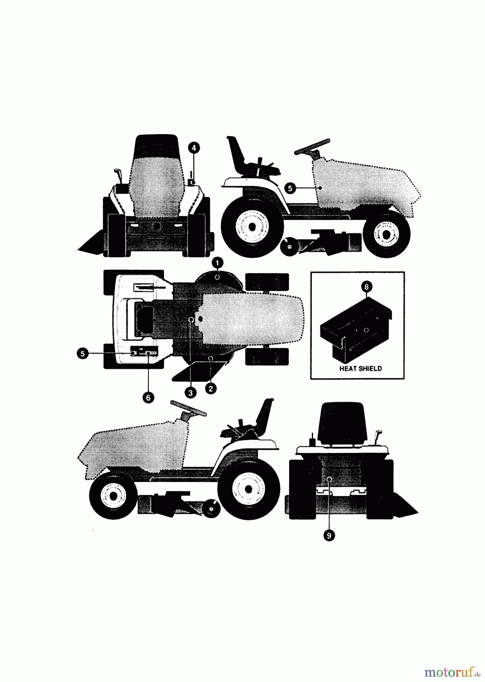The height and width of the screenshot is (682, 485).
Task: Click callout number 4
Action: click(x=194, y=148)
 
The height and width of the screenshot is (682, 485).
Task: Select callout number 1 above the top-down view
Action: click(x=217, y=262)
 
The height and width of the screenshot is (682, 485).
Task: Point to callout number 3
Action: click(x=190, y=393)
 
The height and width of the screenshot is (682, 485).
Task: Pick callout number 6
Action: click(x=148, y=397)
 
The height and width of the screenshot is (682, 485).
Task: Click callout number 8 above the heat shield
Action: click(x=366, y=287)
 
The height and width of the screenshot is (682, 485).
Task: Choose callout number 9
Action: click(x=329, y=535)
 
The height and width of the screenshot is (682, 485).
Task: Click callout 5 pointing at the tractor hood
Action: click(x=290, y=188)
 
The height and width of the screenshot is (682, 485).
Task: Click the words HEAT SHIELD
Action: click(x=360, y=368)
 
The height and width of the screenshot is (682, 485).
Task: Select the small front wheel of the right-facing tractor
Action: click(x=386, y=234)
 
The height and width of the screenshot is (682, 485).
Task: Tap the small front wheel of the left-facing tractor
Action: click(x=114, y=494)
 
